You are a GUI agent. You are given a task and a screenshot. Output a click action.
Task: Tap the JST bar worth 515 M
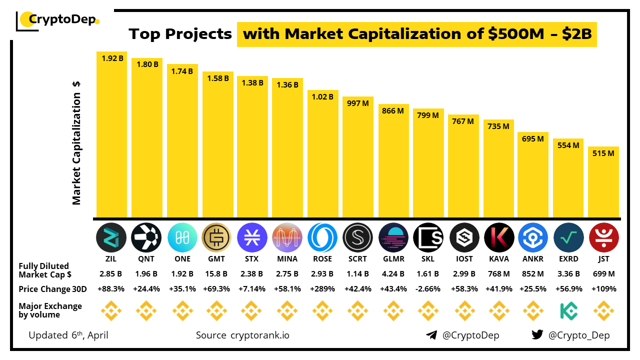pos(603,182)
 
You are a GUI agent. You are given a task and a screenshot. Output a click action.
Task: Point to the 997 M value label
pos(357,103)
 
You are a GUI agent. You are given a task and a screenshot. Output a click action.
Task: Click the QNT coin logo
pos(146,237)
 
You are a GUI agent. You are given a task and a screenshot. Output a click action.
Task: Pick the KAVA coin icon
pos(499,237)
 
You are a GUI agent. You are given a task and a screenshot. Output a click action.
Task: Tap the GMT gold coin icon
pos(216,237)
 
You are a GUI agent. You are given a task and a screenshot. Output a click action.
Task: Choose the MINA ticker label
pos(287,259)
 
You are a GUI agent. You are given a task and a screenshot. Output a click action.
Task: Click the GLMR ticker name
pos(393,259)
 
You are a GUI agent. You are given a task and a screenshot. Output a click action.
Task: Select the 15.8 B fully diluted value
pos(217,273)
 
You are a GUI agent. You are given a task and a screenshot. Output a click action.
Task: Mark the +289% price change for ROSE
pos(322,289)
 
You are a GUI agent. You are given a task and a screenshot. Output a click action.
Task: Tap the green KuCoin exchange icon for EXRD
pos(568,311)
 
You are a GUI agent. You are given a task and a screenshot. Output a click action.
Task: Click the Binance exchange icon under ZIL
pos(111,311)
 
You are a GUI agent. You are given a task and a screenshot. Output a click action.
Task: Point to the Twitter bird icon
pos(537,335)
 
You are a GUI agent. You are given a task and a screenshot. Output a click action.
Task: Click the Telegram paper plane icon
pos(431,335)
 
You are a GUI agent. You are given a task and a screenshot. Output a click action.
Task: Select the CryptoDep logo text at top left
pos(62,20)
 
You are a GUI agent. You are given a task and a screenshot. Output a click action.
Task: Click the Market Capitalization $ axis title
pos(76,143)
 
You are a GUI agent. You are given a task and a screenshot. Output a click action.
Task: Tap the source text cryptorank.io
pos(259,335)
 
